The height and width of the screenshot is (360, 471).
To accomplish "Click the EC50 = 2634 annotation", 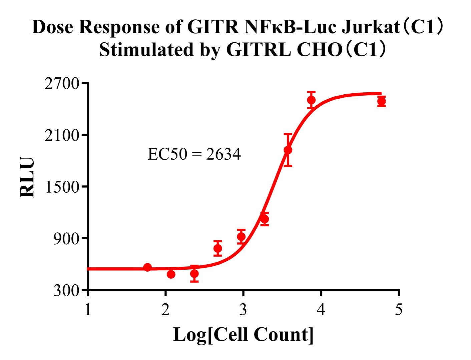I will point(194,154).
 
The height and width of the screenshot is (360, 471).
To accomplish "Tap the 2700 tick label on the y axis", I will point(62,83).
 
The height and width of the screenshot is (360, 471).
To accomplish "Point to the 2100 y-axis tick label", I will point(62,135).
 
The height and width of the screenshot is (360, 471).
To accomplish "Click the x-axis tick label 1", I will point(88,310).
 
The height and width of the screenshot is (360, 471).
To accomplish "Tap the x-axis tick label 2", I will point(165,310).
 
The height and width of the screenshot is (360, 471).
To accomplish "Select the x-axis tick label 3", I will point(243,310).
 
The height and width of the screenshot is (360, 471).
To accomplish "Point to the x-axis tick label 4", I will point(321,310).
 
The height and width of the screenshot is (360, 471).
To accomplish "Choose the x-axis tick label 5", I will point(399,310).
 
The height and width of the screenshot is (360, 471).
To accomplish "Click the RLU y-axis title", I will point(27,177).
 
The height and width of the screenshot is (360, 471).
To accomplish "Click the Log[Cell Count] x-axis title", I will point(243,335).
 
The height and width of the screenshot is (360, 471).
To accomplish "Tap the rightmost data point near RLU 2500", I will point(382,101).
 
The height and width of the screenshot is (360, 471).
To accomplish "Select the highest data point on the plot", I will point(311,100).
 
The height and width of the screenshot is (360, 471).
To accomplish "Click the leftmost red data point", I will point(148,267).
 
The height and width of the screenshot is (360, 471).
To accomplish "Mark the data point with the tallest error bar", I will point(288,150).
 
